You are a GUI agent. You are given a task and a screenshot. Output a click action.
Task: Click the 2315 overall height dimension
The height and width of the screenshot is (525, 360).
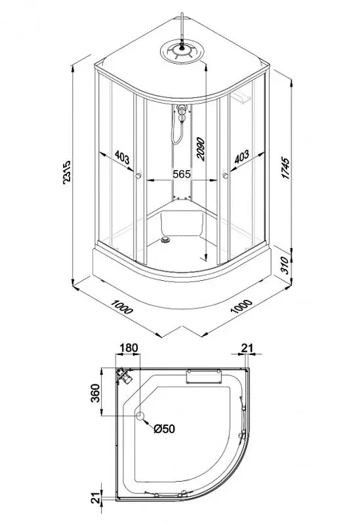(67, 173)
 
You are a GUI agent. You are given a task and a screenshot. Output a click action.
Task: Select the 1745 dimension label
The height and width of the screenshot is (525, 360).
(286, 167)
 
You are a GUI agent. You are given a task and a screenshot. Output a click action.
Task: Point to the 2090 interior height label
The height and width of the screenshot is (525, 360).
(200, 149)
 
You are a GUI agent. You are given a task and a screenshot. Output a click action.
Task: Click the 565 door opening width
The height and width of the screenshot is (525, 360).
(181, 174)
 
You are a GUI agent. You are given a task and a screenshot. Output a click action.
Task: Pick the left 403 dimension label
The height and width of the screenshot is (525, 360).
(122, 157)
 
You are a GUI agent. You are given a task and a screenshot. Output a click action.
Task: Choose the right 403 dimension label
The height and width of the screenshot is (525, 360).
(241, 156)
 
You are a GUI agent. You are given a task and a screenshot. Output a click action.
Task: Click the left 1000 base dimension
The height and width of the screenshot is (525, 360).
(122, 306)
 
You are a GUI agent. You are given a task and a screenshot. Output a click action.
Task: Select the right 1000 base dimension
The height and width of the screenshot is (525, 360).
(241, 306)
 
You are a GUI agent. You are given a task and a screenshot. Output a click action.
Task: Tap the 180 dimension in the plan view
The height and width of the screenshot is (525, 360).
(129, 348)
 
